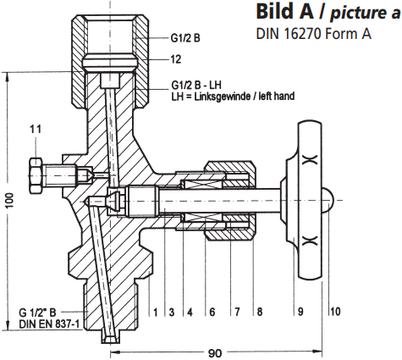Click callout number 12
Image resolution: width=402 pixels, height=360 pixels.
pos(176,59)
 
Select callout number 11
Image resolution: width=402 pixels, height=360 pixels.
pos(35,128)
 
